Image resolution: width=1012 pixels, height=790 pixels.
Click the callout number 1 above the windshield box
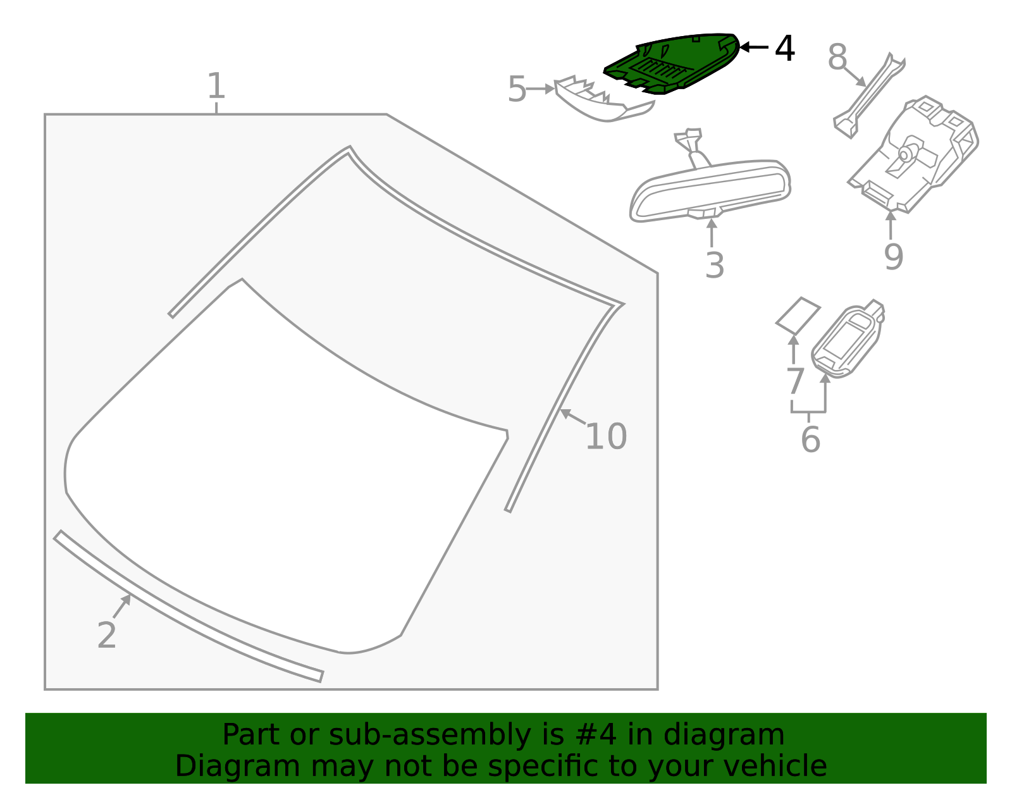216,86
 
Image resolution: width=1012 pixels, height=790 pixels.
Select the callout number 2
106,635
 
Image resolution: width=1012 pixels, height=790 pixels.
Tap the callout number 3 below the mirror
714,266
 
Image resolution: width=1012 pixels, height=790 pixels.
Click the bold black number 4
784,49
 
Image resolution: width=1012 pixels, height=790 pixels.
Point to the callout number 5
517,89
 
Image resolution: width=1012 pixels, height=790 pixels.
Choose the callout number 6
810,440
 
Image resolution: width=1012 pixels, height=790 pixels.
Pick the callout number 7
794,381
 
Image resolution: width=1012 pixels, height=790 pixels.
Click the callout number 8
837,58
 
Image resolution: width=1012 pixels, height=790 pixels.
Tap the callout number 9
893,256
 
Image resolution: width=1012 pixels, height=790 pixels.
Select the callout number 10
606,436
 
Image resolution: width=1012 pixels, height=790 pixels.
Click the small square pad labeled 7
798,314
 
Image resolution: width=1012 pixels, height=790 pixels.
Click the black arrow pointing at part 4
754,47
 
